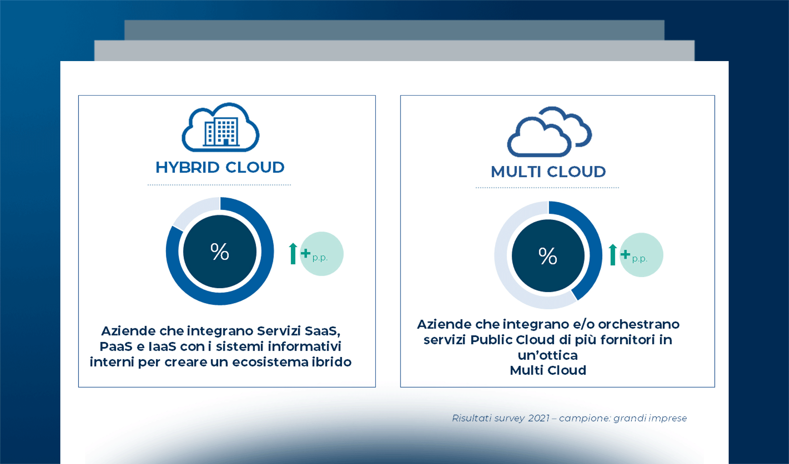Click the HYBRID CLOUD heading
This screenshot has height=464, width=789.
(220, 167)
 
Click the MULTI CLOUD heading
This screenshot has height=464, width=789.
(548, 172)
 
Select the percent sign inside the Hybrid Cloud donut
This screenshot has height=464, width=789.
(220, 252)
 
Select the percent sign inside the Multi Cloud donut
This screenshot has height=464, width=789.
(548, 256)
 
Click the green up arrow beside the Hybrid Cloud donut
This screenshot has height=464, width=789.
(293, 254)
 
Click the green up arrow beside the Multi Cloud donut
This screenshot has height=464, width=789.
(613, 255)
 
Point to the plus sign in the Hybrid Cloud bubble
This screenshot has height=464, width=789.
(306, 253)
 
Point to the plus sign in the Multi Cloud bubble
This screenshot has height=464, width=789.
(625, 254)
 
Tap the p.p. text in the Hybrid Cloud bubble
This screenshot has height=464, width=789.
(320, 258)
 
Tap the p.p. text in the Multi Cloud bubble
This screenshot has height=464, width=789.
(639, 259)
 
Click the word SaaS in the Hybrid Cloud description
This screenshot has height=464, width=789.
(322, 331)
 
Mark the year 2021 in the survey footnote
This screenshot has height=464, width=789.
(539, 418)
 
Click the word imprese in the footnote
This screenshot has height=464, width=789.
(668, 418)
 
